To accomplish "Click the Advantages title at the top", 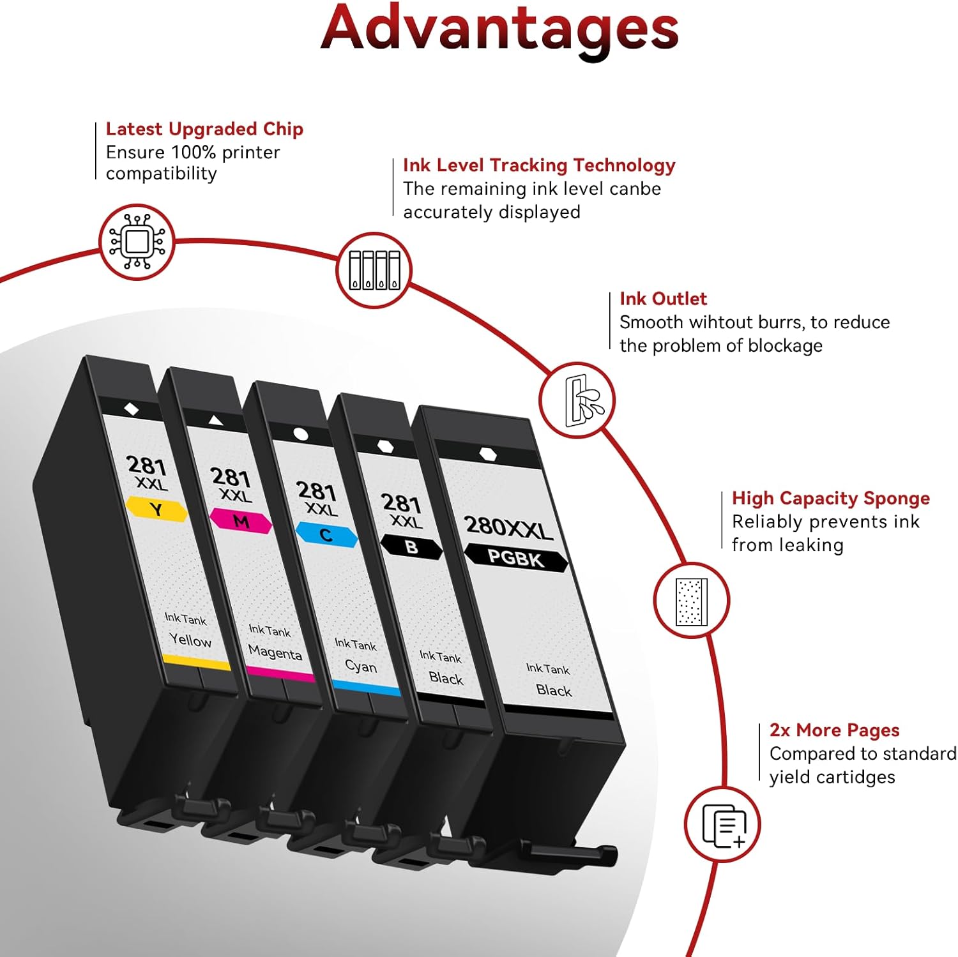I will [x=499, y=28].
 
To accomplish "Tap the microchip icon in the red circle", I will [x=137, y=242].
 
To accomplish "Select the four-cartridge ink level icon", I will [x=374, y=270].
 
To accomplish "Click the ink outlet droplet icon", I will [x=577, y=400].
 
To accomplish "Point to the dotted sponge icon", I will [x=691, y=600].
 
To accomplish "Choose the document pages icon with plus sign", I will [x=722, y=824].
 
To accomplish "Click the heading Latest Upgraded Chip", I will [x=204, y=129].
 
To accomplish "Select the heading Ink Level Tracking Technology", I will [x=539, y=165].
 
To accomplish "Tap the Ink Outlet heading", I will [x=663, y=299].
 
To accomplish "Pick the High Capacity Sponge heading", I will [x=830, y=498].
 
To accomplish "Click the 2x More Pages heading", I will [x=834, y=730].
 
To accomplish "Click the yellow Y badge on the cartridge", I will [x=156, y=509].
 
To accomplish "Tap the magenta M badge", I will [x=241, y=522].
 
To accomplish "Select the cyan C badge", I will [x=326, y=534].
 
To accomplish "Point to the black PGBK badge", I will [x=515, y=558].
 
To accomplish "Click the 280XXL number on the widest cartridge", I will [x=508, y=527].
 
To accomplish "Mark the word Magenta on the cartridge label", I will [x=275, y=652].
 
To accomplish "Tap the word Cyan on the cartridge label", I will [x=361, y=666].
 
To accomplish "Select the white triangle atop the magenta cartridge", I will [x=215, y=419].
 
